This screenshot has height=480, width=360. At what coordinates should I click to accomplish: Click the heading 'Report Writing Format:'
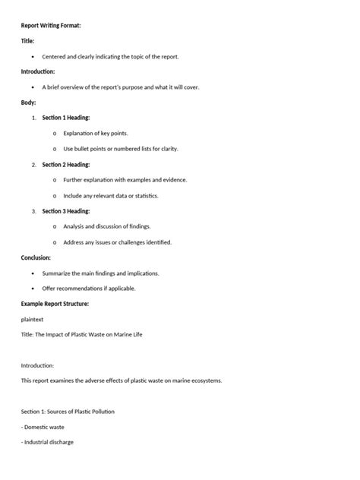point(50,26)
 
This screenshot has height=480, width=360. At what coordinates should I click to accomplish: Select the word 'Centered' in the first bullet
point(55,57)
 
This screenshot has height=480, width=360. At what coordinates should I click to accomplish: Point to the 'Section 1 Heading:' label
point(66,118)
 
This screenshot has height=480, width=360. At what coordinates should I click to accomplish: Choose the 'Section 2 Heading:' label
point(66,164)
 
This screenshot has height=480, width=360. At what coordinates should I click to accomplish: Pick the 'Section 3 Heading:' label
point(66,210)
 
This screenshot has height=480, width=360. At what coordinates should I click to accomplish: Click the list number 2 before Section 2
point(33,164)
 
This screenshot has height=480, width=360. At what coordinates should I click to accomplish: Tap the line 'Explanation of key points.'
point(96,133)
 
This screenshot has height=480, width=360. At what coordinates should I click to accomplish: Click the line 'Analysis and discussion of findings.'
point(107,226)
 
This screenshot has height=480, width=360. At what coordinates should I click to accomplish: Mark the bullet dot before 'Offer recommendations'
point(33,289)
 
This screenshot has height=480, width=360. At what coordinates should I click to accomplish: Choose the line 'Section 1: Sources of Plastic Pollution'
point(68,411)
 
